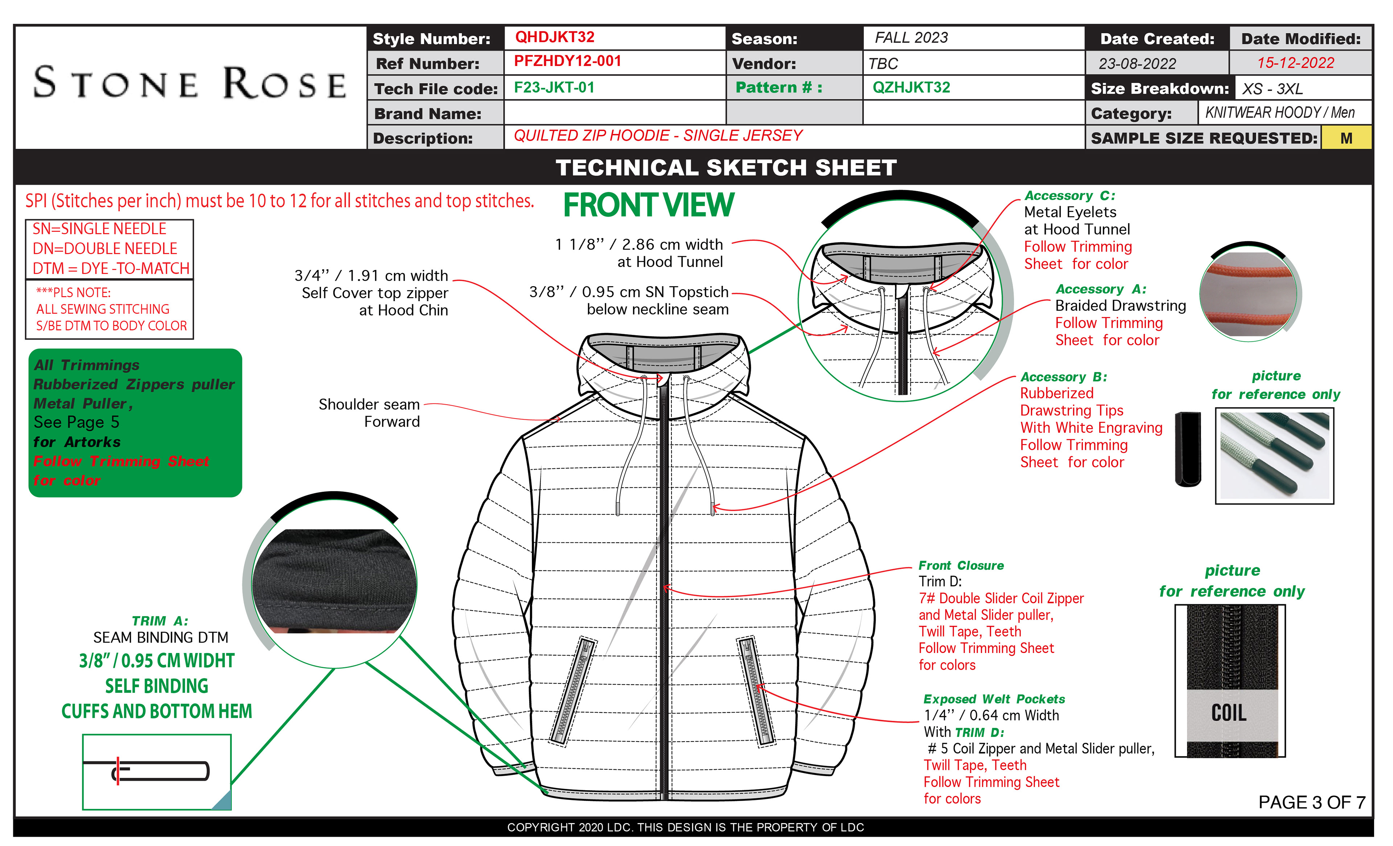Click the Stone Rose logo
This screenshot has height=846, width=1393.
190,83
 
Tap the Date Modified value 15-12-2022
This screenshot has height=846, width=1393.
1295,63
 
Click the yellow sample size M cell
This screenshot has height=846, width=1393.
1346,138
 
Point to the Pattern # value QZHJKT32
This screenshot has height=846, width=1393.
911,88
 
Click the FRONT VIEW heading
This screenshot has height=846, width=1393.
649,205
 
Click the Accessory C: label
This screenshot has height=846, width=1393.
1070,196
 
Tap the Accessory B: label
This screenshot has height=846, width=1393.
1063,377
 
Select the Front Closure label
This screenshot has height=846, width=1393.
961,566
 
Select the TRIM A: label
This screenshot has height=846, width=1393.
160,621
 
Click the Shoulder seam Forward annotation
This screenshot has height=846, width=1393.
369,413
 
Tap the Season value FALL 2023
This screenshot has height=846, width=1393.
911,38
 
